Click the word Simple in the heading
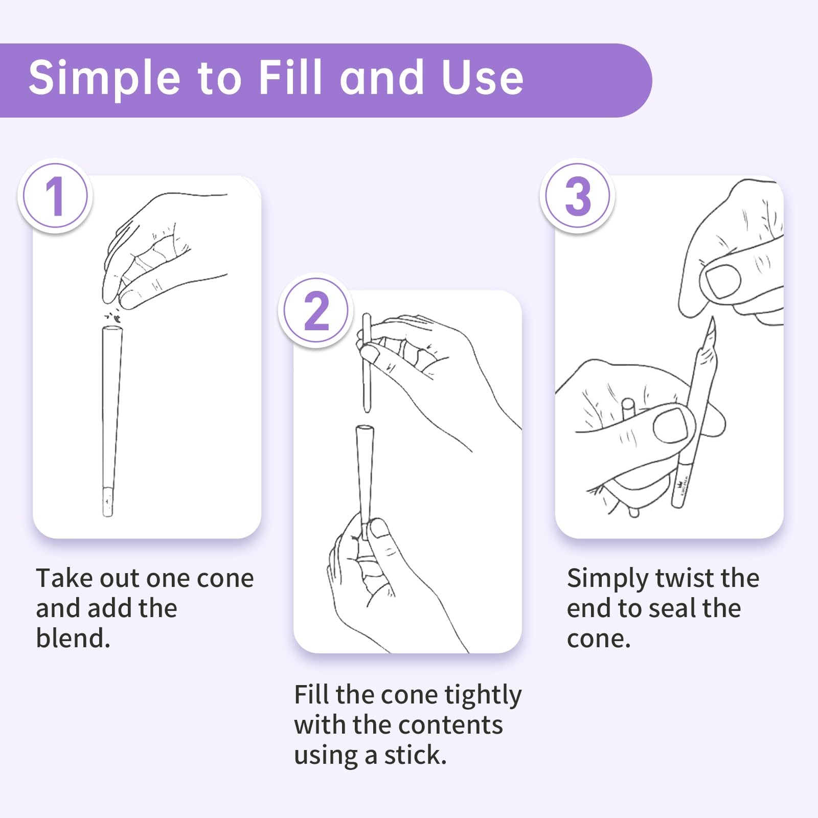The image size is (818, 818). (104, 78)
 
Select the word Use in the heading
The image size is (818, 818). (482, 78)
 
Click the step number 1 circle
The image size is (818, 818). (55, 196)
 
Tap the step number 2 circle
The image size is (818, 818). (316, 310)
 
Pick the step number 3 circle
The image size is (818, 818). (578, 196)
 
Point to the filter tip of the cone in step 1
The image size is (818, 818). (108, 501)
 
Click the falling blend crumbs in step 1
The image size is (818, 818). (114, 315)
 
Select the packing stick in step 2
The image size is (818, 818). (367, 362)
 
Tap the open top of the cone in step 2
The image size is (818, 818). (365, 428)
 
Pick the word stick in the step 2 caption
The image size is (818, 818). (415, 755)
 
